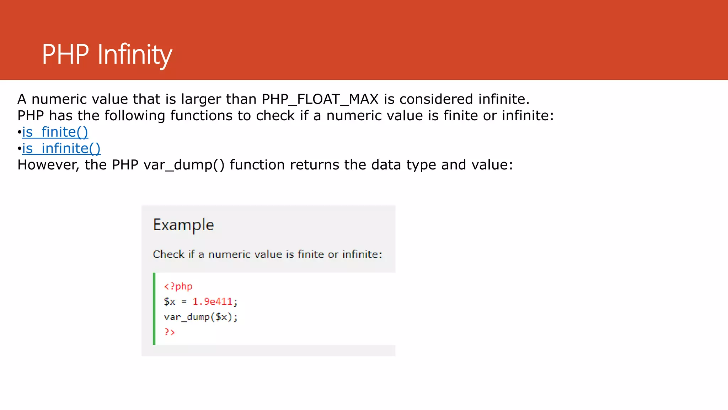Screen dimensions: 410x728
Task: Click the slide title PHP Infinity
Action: tap(107, 54)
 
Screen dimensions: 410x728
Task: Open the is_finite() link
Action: tap(55, 132)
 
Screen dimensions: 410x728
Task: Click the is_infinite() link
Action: tap(61, 148)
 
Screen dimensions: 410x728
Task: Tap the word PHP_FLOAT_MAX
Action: tap(320, 99)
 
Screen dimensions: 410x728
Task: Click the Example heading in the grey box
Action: tap(183, 225)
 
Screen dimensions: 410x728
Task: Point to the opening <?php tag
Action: tap(178, 287)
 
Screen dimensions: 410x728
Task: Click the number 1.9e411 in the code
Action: tap(212, 302)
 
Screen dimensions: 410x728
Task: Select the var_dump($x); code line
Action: tap(200, 317)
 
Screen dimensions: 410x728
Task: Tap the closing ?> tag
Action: tap(170, 332)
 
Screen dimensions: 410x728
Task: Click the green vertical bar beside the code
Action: tap(154, 309)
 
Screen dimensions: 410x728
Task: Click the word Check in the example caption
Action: tap(168, 254)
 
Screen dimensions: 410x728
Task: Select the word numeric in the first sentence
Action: tap(59, 99)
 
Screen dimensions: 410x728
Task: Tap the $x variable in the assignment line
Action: tap(170, 302)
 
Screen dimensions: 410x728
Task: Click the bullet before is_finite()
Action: tap(20, 132)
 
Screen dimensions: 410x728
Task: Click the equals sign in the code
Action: tap(184, 302)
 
